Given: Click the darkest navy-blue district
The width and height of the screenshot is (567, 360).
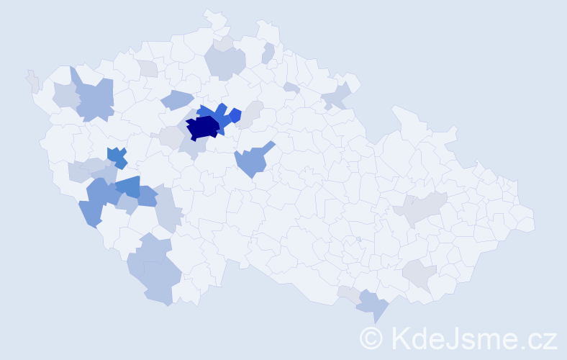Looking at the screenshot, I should [204, 127].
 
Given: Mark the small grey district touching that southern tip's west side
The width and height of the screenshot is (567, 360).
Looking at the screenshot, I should [348, 293].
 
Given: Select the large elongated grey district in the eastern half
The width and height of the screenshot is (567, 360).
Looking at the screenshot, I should [420, 209].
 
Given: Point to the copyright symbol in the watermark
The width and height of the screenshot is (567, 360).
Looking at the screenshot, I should [372, 338].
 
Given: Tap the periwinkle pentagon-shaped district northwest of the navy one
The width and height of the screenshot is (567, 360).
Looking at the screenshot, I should [177, 100].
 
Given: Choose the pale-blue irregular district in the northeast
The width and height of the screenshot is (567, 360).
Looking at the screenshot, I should [336, 96].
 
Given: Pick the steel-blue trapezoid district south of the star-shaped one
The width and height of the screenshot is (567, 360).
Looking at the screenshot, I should [127, 186].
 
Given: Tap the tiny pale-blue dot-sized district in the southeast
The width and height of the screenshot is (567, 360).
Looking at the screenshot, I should [358, 239].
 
